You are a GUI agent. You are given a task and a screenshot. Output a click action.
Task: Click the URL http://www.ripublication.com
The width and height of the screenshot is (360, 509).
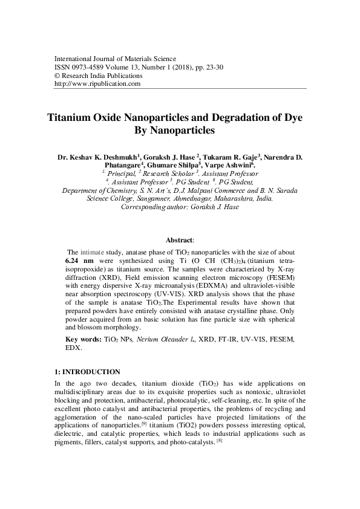click(97, 84)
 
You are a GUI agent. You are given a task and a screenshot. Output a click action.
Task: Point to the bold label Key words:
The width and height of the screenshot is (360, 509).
click(83, 340)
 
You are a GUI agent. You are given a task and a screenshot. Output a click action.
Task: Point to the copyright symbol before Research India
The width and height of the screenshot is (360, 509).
click(57, 76)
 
